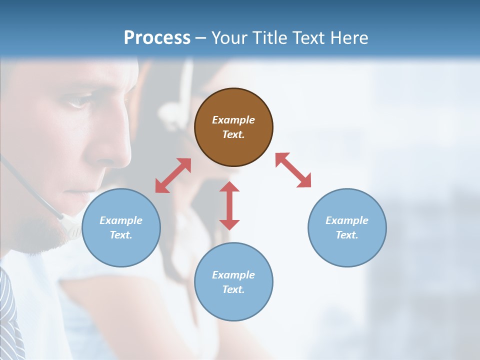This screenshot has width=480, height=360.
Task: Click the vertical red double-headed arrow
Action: click(229, 205)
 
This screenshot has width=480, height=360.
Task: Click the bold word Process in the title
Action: click(157, 38)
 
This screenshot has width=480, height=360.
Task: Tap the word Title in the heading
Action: click(271, 38)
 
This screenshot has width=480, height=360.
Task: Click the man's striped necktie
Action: click(11, 315)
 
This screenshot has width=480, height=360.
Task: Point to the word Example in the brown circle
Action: click(233, 120)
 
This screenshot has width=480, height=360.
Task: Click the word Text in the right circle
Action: click(347, 235)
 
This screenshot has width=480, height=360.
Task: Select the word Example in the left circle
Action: click(121, 220)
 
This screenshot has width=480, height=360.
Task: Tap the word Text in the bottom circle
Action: click(233, 289)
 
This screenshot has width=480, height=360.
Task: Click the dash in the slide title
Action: click(201, 38)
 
